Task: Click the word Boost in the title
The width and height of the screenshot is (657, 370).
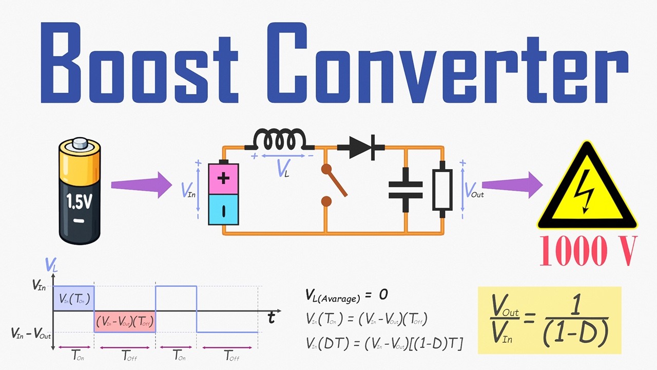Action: point(139,63)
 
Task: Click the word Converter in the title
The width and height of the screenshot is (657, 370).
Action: point(448,63)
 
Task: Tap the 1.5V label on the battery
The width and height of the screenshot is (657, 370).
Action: point(79,201)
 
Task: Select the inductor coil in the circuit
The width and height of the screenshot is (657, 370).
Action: point(279,139)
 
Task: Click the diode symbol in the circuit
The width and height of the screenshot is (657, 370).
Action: point(361,147)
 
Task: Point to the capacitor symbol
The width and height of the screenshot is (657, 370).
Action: point(405,190)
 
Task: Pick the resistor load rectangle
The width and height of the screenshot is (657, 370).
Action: point(442,190)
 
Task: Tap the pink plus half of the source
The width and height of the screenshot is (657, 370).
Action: point(223,179)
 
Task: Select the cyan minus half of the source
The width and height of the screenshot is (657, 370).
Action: point(223,210)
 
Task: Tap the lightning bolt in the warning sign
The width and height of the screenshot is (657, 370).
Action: point(585,191)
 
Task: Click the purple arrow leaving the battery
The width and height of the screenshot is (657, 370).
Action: point(141,185)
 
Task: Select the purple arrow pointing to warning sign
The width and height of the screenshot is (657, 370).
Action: point(512,185)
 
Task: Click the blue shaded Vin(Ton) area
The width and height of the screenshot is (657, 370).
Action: point(73,299)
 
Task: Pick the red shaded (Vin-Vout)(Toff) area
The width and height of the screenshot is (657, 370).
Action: point(125,322)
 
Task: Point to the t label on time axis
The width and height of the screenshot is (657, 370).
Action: point(272,318)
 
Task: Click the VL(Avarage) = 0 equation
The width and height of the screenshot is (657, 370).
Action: point(346,295)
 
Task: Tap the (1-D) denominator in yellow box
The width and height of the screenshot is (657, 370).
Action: point(576,335)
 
